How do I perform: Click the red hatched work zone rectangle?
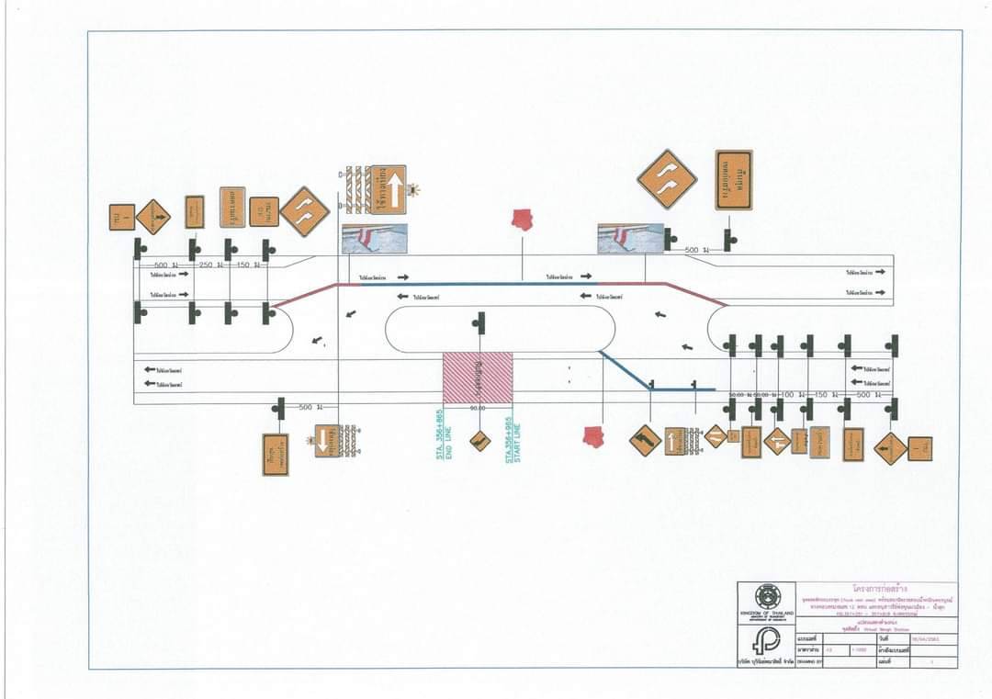pyautogui.click(x=478, y=378)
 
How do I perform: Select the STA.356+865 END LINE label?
pyautogui.click(x=445, y=440)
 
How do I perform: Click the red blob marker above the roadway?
pyautogui.click(x=523, y=220)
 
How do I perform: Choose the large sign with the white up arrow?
pyautogui.click(x=389, y=190)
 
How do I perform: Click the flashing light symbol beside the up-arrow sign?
pyautogui.click(x=413, y=190)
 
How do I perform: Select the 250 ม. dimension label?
pyautogui.click(x=206, y=265)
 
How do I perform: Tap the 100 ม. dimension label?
pyautogui.click(x=786, y=394)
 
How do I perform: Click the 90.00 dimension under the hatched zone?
pyautogui.click(x=478, y=408)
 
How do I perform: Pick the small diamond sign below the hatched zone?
pyautogui.click(x=479, y=441)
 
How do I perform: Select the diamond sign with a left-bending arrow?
pyautogui.click(x=645, y=441)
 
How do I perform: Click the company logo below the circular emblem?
pyautogui.click(x=765, y=640)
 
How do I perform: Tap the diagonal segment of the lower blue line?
pyautogui.click(x=626, y=370)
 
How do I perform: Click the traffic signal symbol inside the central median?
pyautogui.click(x=478, y=321)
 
